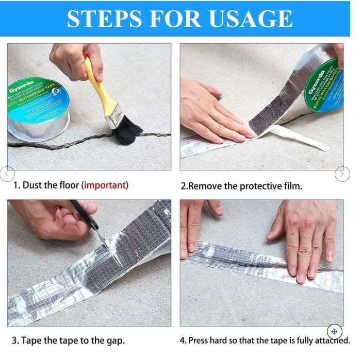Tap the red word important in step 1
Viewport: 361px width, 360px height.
pos(105,185)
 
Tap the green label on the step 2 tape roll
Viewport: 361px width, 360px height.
pos(324,85)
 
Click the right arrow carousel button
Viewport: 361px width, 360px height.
pos(342,174)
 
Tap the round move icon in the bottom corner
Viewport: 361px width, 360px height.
pos(334,332)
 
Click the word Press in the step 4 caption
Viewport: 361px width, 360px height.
pos(200,340)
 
